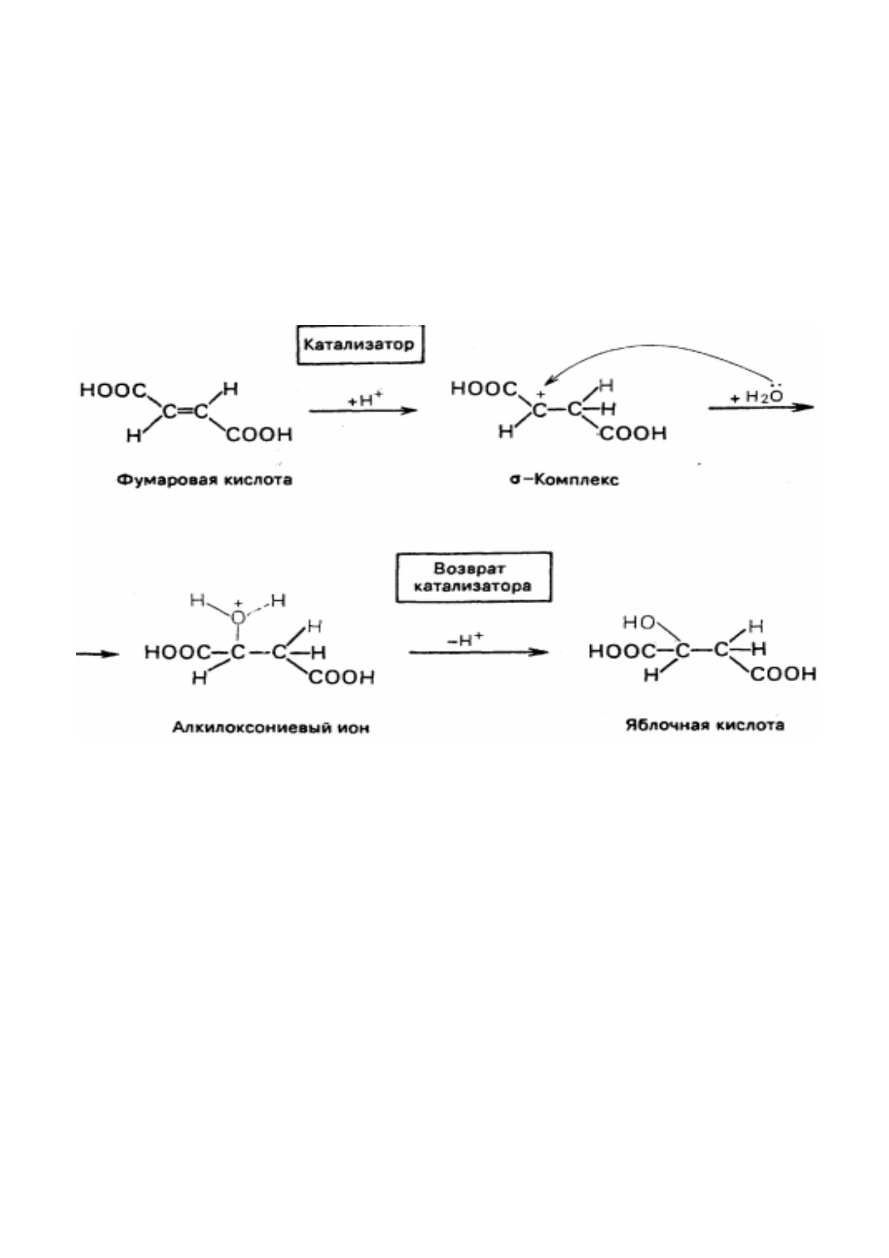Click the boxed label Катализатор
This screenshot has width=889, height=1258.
tap(360, 345)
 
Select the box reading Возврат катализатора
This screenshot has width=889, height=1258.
tap(473, 577)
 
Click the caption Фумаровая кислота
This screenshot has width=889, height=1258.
tap(204, 479)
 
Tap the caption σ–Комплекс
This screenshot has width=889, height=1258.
tap(564, 479)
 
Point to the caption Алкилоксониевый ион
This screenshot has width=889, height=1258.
tap(271, 728)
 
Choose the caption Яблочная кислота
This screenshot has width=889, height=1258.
tap(704, 725)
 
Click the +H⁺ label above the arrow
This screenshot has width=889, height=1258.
tap(364, 399)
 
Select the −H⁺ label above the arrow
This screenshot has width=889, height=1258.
tap(465, 639)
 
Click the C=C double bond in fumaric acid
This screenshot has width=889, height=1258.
tap(185, 411)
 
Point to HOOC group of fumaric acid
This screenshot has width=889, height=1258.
tap(114, 390)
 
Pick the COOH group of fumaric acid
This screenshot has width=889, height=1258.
tap(259, 435)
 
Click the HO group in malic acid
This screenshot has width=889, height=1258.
tap(639, 623)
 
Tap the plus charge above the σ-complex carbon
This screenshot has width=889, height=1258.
tap(541, 394)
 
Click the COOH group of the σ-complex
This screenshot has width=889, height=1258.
tap(633, 434)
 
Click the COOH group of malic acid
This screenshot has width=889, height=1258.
tap(783, 674)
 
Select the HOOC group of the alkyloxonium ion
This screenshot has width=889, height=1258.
tap(177, 652)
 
